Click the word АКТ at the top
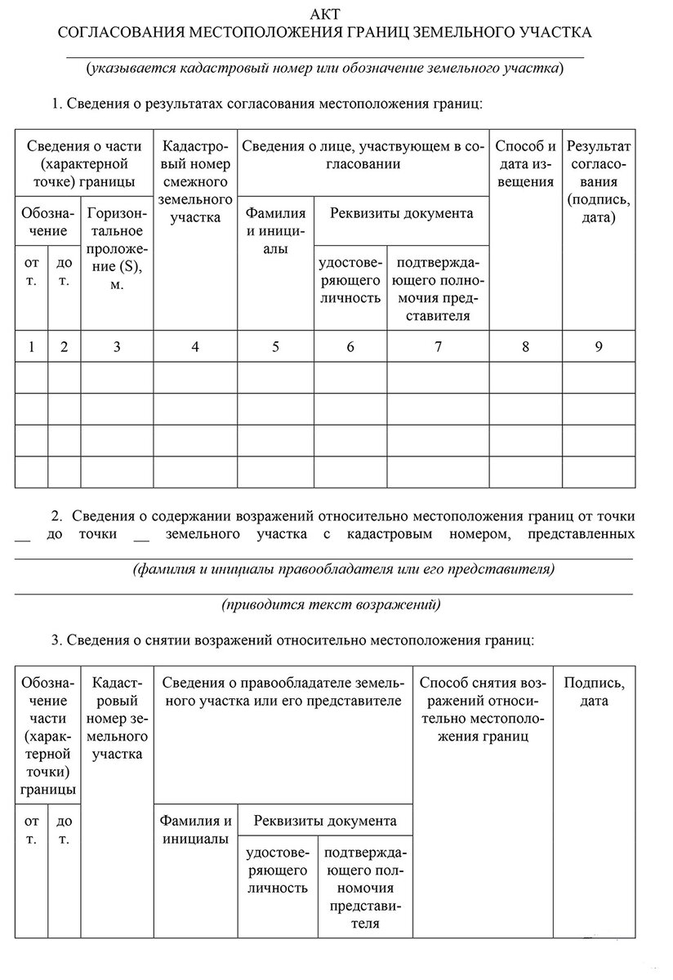(326, 15)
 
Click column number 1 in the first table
(31, 346)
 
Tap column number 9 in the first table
(599, 346)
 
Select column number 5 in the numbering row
(275, 346)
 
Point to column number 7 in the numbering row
(438, 346)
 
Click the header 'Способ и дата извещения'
(525, 163)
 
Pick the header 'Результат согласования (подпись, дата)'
(599, 181)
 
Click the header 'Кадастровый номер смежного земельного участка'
(194, 181)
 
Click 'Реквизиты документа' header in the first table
(401, 213)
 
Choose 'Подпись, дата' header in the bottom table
(595, 692)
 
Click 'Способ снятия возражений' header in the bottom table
(483, 709)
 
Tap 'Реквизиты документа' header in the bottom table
(325, 821)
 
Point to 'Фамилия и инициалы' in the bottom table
(195, 830)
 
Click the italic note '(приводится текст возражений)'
(331, 605)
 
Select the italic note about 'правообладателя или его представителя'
(344, 568)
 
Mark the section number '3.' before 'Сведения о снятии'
(56, 640)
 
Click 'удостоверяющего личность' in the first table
(350, 280)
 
